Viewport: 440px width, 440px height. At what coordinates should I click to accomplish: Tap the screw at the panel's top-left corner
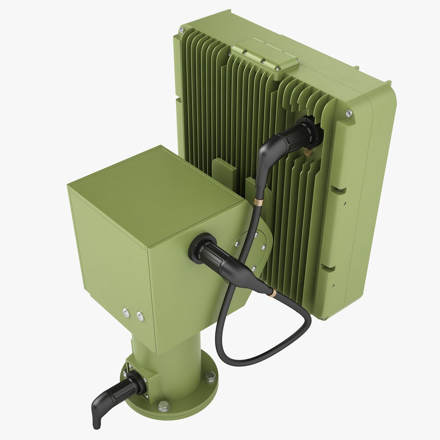(x=182, y=30)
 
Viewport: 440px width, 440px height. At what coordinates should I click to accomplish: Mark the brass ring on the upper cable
(x=258, y=202)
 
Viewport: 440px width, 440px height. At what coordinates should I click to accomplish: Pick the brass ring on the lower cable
(x=273, y=293)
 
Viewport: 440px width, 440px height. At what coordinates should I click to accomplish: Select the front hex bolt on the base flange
(x=163, y=406)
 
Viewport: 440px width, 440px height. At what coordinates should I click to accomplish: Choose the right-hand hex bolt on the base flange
(x=210, y=377)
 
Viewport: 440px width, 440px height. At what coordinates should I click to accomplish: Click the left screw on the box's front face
(x=126, y=312)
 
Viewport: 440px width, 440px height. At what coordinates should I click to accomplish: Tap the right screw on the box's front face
(x=140, y=316)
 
